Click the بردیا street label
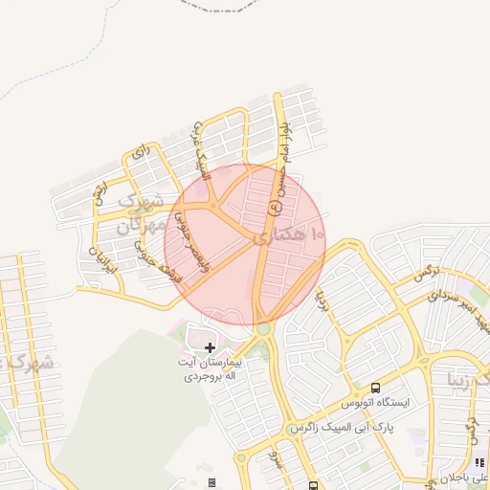(x=323, y=303)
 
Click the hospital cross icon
(x=211, y=346)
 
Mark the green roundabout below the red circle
(x=263, y=328)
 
